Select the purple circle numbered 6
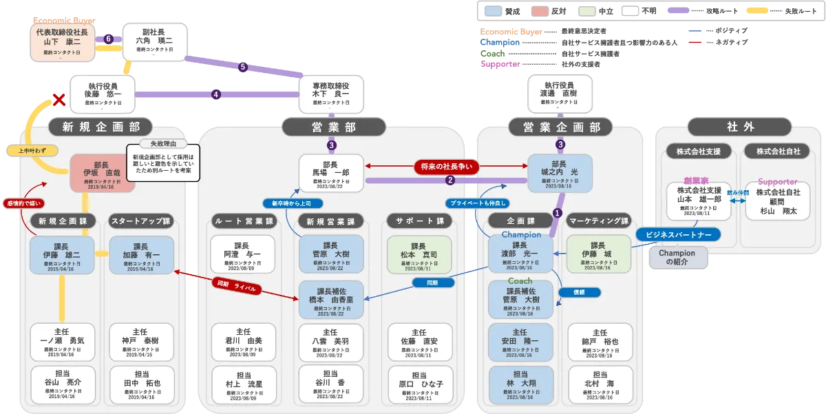point(109,39)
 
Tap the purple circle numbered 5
point(242,67)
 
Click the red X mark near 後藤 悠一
point(60,101)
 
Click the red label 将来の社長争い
point(445,167)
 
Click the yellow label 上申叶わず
point(32,149)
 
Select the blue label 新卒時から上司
point(292,203)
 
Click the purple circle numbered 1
point(558,214)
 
